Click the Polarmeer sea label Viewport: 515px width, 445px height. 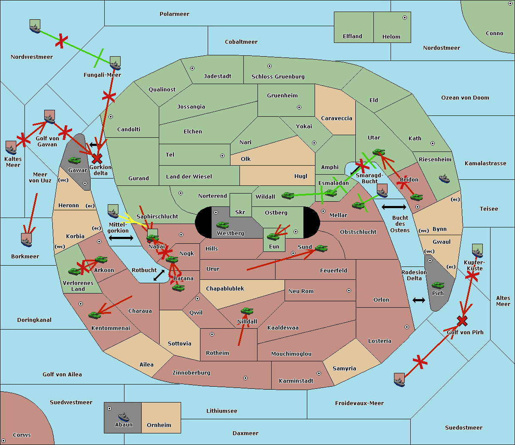click(x=174, y=14)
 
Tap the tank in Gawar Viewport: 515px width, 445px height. click(x=75, y=160)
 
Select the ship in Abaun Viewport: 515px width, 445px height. click(x=123, y=417)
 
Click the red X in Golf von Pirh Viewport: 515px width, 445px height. click(x=462, y=321)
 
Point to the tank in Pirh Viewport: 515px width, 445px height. click(x=438, y=285)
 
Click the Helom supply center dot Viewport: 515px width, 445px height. click(x=404, y=18)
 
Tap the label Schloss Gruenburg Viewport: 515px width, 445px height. click(x=278, y=77)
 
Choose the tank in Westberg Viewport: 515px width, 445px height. click(x=222, y=225)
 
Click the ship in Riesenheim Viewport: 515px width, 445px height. click(x=444, y=178)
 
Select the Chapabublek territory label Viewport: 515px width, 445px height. click(x=225, y=288)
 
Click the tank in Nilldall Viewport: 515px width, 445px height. click(x=247, y=311)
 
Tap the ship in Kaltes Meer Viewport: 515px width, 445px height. click(x=11, y=148)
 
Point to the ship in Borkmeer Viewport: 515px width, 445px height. click(x=27, y=240)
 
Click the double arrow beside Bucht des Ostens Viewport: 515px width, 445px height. click(x=394, y=207)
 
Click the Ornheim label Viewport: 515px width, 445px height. click(x=159, y=425)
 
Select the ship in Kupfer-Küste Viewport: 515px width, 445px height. click(x=477, y=251)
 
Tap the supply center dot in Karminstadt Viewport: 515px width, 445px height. click(x=318, y=373)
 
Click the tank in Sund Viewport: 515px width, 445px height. click(x=321, y=248)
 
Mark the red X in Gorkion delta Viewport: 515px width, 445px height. click(x=97, y=159)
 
